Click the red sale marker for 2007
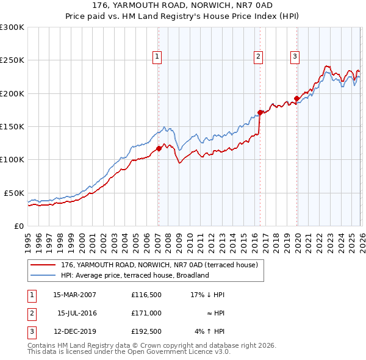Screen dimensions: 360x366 tap(159, 148)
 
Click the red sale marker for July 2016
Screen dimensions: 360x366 tap(260, 112)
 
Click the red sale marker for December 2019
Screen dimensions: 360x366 tap(296, 98)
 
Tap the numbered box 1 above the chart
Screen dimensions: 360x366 tap(157, 57)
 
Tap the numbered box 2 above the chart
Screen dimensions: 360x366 tap(259, 57)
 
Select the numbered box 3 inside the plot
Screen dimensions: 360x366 tap(295, 57)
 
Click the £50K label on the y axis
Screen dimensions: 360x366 tap(13, 193)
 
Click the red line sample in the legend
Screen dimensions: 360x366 tap(43, 265)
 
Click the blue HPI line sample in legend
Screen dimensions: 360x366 tap(43, 275)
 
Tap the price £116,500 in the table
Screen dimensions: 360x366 tap(146, 295)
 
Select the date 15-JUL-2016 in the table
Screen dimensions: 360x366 tap(78, 313)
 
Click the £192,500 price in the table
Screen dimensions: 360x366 tap(146, 332)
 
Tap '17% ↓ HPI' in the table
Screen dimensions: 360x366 tap(207, 295)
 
